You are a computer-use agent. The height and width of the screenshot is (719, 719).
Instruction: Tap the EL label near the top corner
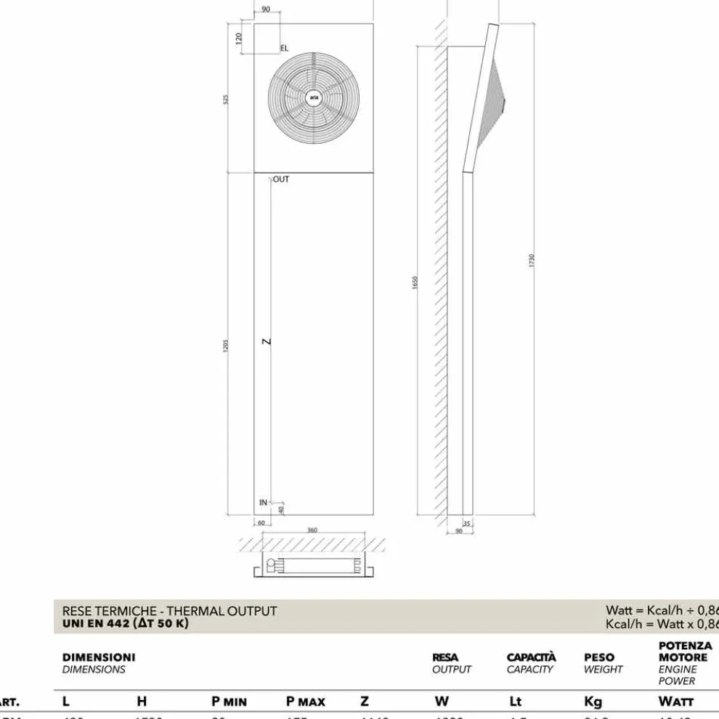(284, 48)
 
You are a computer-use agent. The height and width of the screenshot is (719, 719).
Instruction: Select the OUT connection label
(281, 179)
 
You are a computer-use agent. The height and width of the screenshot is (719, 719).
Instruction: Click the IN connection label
(263, 502)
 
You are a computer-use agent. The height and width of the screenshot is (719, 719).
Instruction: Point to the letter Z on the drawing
(267, 341)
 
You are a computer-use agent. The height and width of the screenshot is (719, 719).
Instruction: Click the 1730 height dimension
(532, 260)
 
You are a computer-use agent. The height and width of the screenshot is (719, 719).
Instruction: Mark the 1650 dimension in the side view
(415, 283)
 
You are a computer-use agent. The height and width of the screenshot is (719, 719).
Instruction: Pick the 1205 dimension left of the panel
(227, 346)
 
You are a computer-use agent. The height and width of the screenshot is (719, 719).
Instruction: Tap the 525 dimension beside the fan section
(227, 99)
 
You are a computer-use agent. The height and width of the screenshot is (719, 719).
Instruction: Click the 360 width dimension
(312, 531)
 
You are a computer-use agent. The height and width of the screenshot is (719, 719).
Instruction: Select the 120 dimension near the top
(239, 38)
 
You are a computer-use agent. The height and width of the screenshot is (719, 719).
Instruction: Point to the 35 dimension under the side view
(467, 523)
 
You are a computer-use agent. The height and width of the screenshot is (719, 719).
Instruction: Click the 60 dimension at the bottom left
(261, 523)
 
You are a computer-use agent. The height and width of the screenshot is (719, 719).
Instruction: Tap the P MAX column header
(306, 702)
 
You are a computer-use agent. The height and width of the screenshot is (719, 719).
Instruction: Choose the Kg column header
(593, 702)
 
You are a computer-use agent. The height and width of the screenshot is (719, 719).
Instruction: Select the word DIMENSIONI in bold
(99, 657)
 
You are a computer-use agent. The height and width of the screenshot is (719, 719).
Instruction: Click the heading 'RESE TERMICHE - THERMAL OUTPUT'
(170, 611)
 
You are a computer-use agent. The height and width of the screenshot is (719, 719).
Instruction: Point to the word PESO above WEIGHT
(599, 657)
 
